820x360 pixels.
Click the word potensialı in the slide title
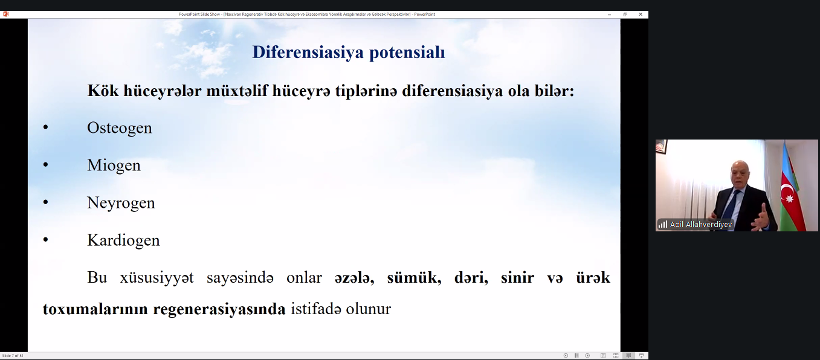click(407, 53)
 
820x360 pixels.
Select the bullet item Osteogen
click(119, 128)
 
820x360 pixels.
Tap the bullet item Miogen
click(114, 166)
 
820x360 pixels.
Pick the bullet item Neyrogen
click(121, 203)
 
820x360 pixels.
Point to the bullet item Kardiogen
click(123, 240)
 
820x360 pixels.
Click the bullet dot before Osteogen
click(46, 127)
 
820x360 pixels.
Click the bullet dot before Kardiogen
click(46, 240)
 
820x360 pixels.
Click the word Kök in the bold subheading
click(103, 91)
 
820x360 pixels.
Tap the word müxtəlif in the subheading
click(237, 91)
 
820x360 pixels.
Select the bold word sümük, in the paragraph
click(415, 278)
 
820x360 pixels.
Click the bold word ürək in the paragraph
click(593, 278)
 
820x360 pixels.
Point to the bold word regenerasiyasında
click(219, 309)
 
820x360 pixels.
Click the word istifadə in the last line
click(316, 309)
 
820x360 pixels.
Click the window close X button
click(641, 14)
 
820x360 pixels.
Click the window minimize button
click(609, 14)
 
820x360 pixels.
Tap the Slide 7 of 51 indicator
click(13, 356)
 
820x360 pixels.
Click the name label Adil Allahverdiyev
click(701, 224)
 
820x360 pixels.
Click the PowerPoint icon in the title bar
click(6, 14)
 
